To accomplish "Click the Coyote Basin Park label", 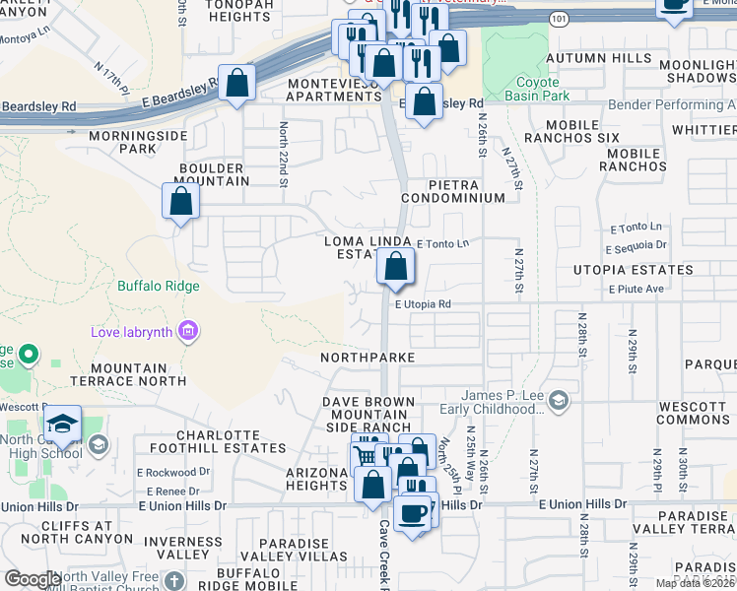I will tap(538, 90).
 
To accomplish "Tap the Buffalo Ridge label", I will tap(159, 287).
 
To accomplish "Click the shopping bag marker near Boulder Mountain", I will tap(181, 202).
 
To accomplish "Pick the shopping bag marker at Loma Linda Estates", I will tap(395, 267).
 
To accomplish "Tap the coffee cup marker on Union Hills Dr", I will tap(412, 513).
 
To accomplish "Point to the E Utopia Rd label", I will tap(423, 305).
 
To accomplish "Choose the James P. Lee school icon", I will tap(559, 399).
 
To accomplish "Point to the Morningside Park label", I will tap(123, 141).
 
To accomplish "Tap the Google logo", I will tap(33, 578).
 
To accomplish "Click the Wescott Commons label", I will tap(691, 413).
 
